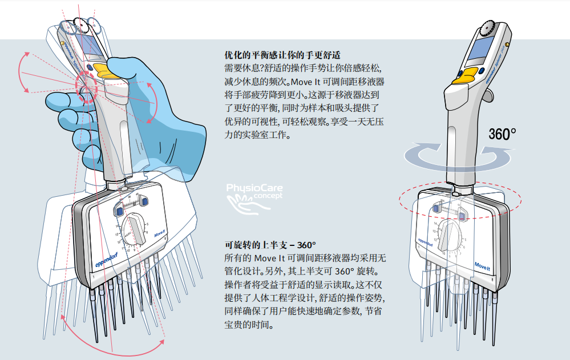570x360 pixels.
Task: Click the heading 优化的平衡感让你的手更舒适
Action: pyautogui.click(x=283, y=55)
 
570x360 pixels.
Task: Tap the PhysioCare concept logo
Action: pyautogui.click(x=254, y=193)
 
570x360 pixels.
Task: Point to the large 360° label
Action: pyautogui.click(x=502, y=134)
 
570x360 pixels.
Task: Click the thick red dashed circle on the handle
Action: pyautogui.click(x=88, y=86)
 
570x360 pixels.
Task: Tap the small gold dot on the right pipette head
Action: pyautogui.click(x=507, y=43)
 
